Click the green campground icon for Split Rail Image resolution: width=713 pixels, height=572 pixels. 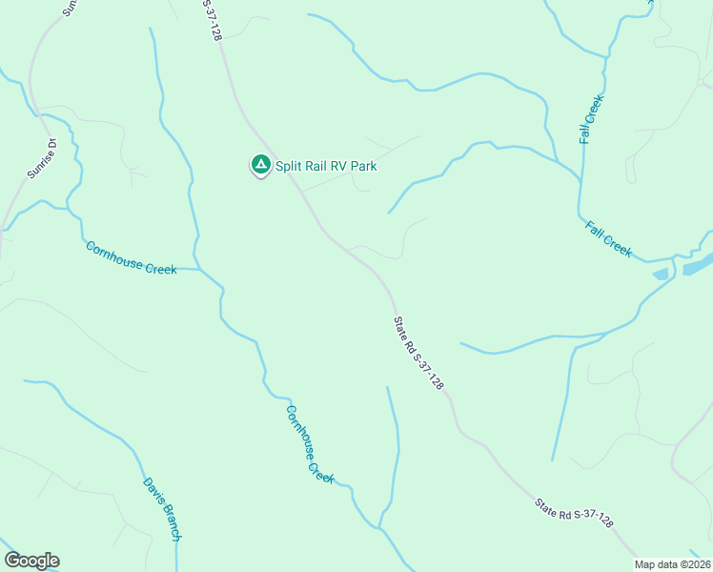click(259, 165)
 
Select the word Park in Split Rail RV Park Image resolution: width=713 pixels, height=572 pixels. click(363, 166)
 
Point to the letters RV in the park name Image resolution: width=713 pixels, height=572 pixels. click(336, 166)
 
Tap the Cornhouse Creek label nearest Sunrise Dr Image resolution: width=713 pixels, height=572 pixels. click(131, 257)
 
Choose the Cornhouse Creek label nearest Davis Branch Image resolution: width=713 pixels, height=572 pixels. click(310, 443)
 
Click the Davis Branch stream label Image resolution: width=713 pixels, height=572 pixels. click(161, 509)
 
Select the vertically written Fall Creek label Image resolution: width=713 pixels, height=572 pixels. click(592, 119)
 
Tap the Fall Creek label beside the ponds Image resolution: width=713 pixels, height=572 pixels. click(608, 238)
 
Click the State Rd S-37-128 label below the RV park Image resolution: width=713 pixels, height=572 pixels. click(419, 353)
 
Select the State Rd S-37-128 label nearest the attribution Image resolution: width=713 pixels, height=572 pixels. click(574, 513)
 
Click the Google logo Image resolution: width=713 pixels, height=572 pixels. click(31, 561)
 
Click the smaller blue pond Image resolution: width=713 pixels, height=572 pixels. click(660, 275)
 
